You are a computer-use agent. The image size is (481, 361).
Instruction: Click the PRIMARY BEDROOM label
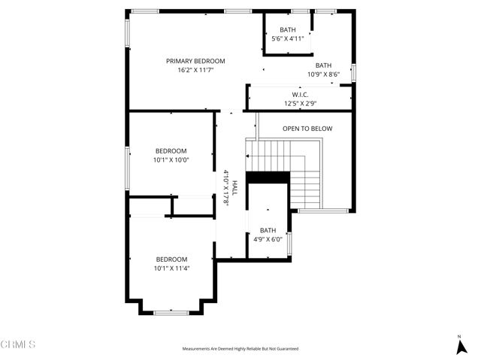pyautogui.click(x=195, y=61)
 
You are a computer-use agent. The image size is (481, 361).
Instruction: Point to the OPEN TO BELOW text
pyautogui.click(x=307, y=129)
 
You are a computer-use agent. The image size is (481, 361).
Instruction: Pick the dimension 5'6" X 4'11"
pyautogui.click(x=288, y=38)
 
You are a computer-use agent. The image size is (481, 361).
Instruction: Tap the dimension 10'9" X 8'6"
pyautogui.click(x=323, y=74)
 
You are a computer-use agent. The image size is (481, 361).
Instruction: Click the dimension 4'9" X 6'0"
pyautogui.click(x=268, y=239)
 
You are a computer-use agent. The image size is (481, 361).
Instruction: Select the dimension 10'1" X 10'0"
pyautogui.click(x=171, y=159)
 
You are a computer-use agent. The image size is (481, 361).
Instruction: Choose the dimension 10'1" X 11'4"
pyautogui.click(x=171, y=268)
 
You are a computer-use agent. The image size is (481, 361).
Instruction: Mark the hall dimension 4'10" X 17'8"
pyautogui.click(x=226, y=187)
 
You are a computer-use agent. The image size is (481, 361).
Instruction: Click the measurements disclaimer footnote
pyautogui.click(x=240, y=349)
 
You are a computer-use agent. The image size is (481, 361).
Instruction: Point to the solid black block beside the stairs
pyautogui.click(x=268, y=177)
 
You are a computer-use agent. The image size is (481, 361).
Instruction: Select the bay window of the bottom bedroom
pyautogui.click(x=171, y=311)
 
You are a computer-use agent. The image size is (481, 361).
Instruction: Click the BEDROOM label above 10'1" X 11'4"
pyautogui.click(x=171, y=259)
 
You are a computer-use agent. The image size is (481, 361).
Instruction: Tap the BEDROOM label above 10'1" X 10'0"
pyautogui.click(x=171, y=151)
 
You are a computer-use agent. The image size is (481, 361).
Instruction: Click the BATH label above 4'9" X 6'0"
pyautogui.click(x=268, y=231)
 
